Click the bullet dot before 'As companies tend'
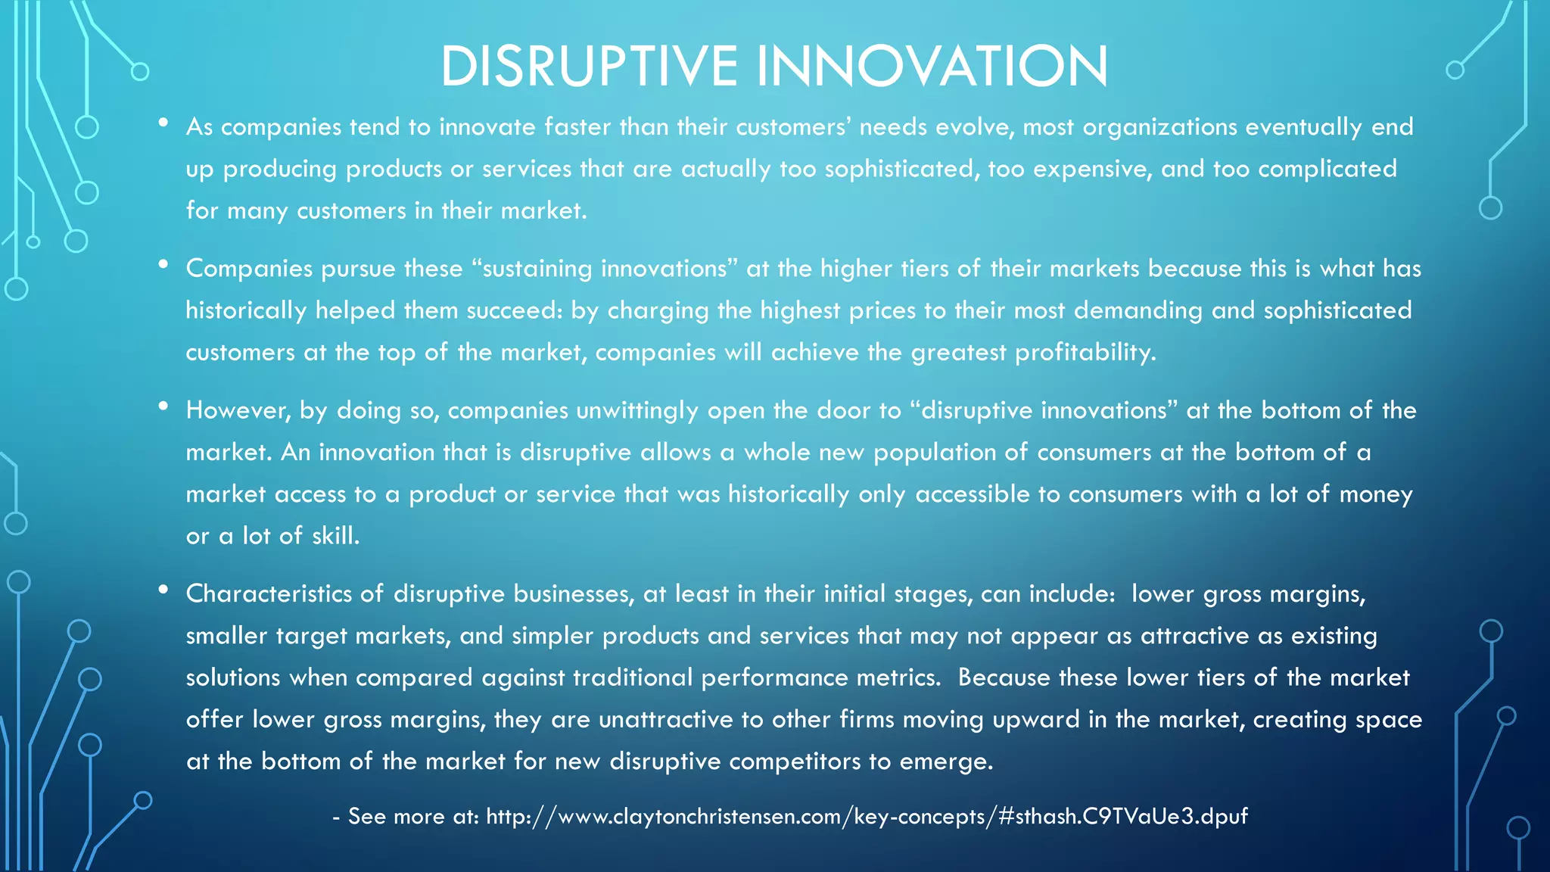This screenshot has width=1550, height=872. coord(163,123)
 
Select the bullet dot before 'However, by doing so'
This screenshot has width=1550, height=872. coord(163,406)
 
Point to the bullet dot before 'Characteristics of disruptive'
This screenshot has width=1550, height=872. coord(163,590)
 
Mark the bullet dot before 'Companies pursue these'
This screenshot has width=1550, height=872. coord(163,264)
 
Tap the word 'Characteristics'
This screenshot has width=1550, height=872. coord(269,593)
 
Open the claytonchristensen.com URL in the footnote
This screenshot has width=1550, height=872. coord(867,816)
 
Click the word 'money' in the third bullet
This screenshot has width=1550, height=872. coord(1375,494)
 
